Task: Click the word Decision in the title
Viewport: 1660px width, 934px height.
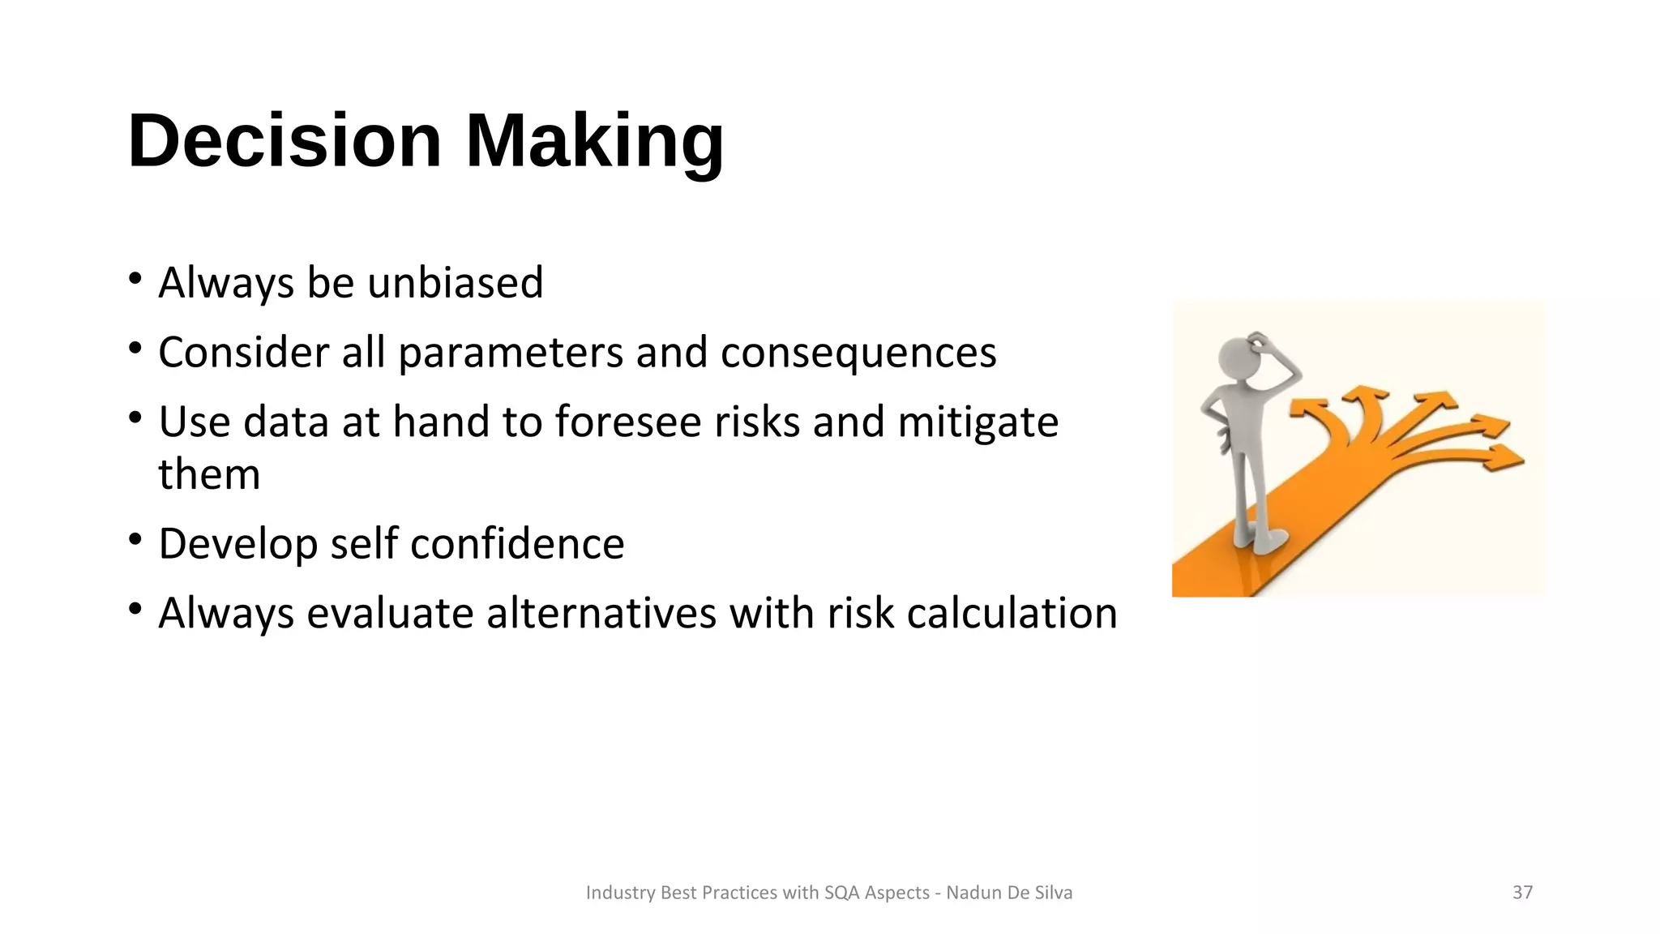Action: (x=285, y=141)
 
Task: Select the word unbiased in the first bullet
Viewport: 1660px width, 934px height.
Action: (x=455, y=283)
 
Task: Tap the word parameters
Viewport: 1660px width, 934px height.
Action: (x=510, y=353)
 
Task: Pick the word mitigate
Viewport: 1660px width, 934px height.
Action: (x=978, y=422)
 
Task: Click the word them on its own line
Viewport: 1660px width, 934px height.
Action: (x=209, y=474)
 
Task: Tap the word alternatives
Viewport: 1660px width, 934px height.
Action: (x=601, y=613)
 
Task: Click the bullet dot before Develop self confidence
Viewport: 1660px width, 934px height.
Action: (x=135, y=539)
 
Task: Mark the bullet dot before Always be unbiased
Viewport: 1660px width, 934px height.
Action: (x=135, y=278)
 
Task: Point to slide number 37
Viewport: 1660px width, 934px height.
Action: (x=1522, y=893)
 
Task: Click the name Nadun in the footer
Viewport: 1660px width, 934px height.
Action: (x=973, y=893)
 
